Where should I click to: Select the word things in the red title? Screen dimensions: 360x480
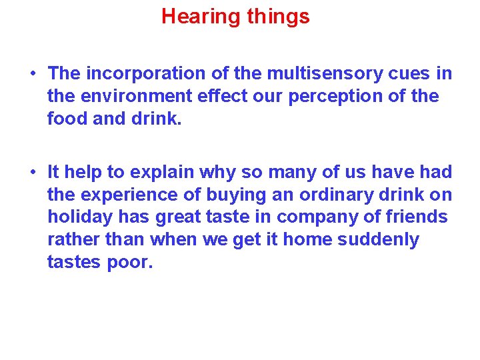(278, 17)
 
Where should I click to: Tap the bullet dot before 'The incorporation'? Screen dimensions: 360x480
(32, 73)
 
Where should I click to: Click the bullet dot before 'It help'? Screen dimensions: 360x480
(32, 173)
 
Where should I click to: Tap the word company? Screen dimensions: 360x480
(314, 217)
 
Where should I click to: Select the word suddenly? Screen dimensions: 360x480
(378, 240)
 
